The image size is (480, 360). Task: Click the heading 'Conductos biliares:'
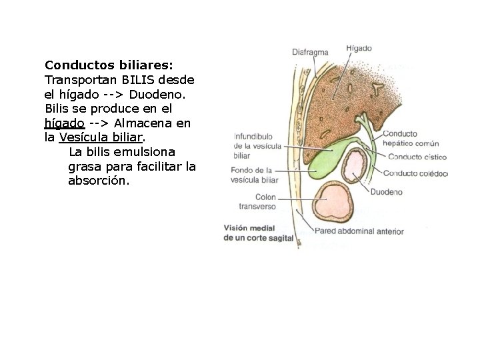[109, 65]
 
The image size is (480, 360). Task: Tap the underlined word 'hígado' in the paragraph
[64, 123]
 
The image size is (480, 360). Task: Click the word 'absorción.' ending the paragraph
[99, 181]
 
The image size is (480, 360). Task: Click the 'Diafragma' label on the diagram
[309, 52]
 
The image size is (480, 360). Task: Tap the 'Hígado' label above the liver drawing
[359, 48]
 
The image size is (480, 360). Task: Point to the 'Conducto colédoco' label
[415, 174]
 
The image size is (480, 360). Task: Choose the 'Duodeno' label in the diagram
[386, 192]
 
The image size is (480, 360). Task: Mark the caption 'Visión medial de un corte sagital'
[258, 233]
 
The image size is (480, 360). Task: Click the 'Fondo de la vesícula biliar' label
[255, 175]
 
